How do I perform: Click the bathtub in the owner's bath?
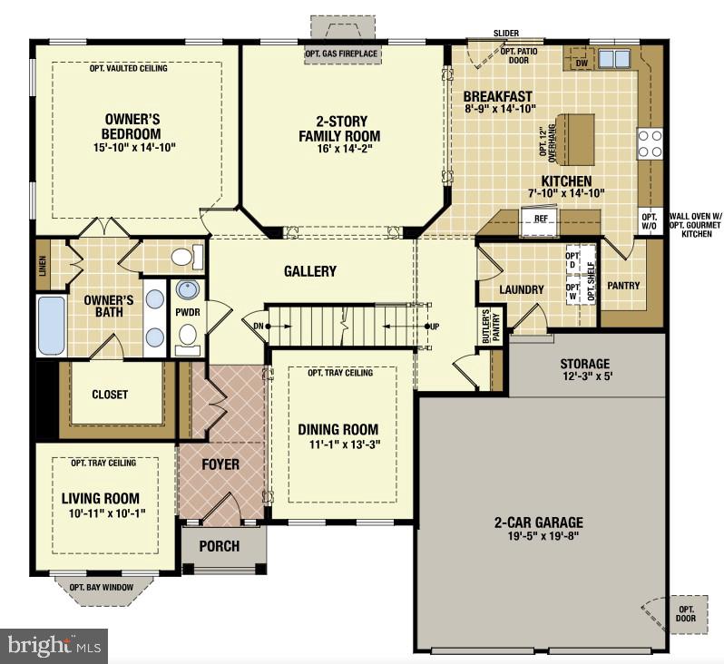tap(51, 326)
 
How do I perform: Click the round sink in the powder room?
tap(188, 290)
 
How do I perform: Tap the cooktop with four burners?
tap(650, 142)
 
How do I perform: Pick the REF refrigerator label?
tap(542, 219)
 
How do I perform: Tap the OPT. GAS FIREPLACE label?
tap(341, 54)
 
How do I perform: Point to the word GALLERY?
tap(309, 271)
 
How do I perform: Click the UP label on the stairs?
tap(435, 326)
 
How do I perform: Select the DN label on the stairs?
tap(257, 326)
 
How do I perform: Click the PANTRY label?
tap(623, 286)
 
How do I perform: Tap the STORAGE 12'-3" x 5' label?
tap(584, 370)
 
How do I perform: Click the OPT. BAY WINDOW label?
tap(101, 587)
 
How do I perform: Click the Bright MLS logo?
tap(54, 645)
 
